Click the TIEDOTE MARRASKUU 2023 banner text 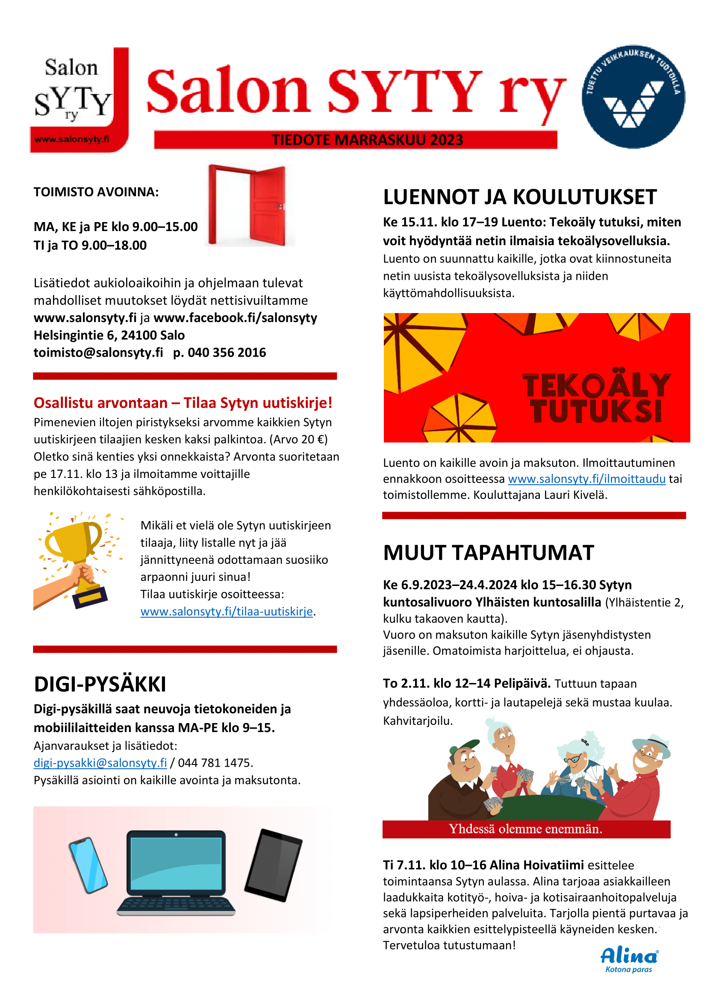pyautogui.click(x=367, y=140)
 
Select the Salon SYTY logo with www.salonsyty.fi pyautogui.click(x=79, y=100)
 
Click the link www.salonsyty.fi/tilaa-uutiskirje pyautogui.click(x=227, y=611)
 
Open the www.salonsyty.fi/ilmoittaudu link pyautogui.click(x=586, y=479)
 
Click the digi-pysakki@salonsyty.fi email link pyautogui.click(x=100, y=763)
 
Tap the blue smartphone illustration pyautogui.click(x=88, y=865)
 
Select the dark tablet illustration pyautogui.click(x=274, y=865)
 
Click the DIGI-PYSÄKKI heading pyautogui.click(x=100, y=684)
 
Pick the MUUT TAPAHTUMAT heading pyautogui.click(x=489, y=553)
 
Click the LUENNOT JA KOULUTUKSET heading pyautogui.click(x=520, y=197)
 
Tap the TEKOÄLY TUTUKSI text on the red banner pyautogui.click(x=596, y=398)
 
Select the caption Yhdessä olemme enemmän pyautogui.click(x=525, y=829)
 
